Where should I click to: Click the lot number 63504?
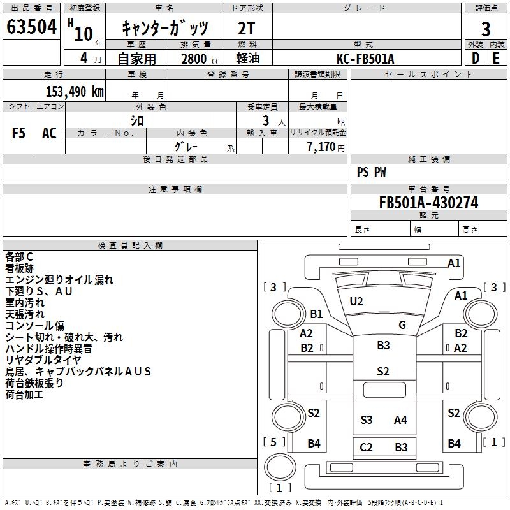(31, 27)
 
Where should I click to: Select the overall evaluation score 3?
(486, 29)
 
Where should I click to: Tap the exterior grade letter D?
(475, 58)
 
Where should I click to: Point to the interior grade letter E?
(496, 58)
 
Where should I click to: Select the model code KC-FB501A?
(365, 59)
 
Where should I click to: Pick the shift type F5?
(19, 133)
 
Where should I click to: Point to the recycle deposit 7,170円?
(325, 147)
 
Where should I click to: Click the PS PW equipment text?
(372, 172)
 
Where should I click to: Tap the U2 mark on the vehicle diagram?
(356, 301)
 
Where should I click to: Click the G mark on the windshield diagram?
(402, 324)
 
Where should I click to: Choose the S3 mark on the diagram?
(367, 419)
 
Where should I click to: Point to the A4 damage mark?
(400, 419)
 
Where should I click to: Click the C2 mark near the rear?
(366, 447)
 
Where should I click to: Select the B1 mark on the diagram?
(317, 314)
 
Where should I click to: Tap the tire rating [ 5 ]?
(273, 441)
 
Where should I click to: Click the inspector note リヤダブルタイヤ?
(43, 360)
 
